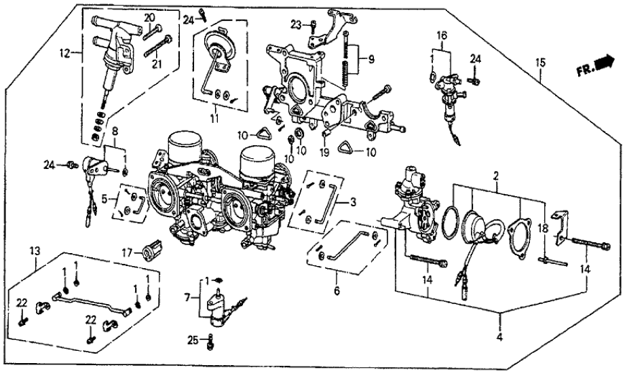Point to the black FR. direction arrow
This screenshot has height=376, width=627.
point(601,63)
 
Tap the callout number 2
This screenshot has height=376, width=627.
point(496,176)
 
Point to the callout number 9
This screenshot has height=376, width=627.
point(370,59)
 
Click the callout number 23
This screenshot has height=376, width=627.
point(295,25)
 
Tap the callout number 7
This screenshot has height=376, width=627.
point(187,297)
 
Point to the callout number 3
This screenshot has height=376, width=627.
point(352,202)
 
